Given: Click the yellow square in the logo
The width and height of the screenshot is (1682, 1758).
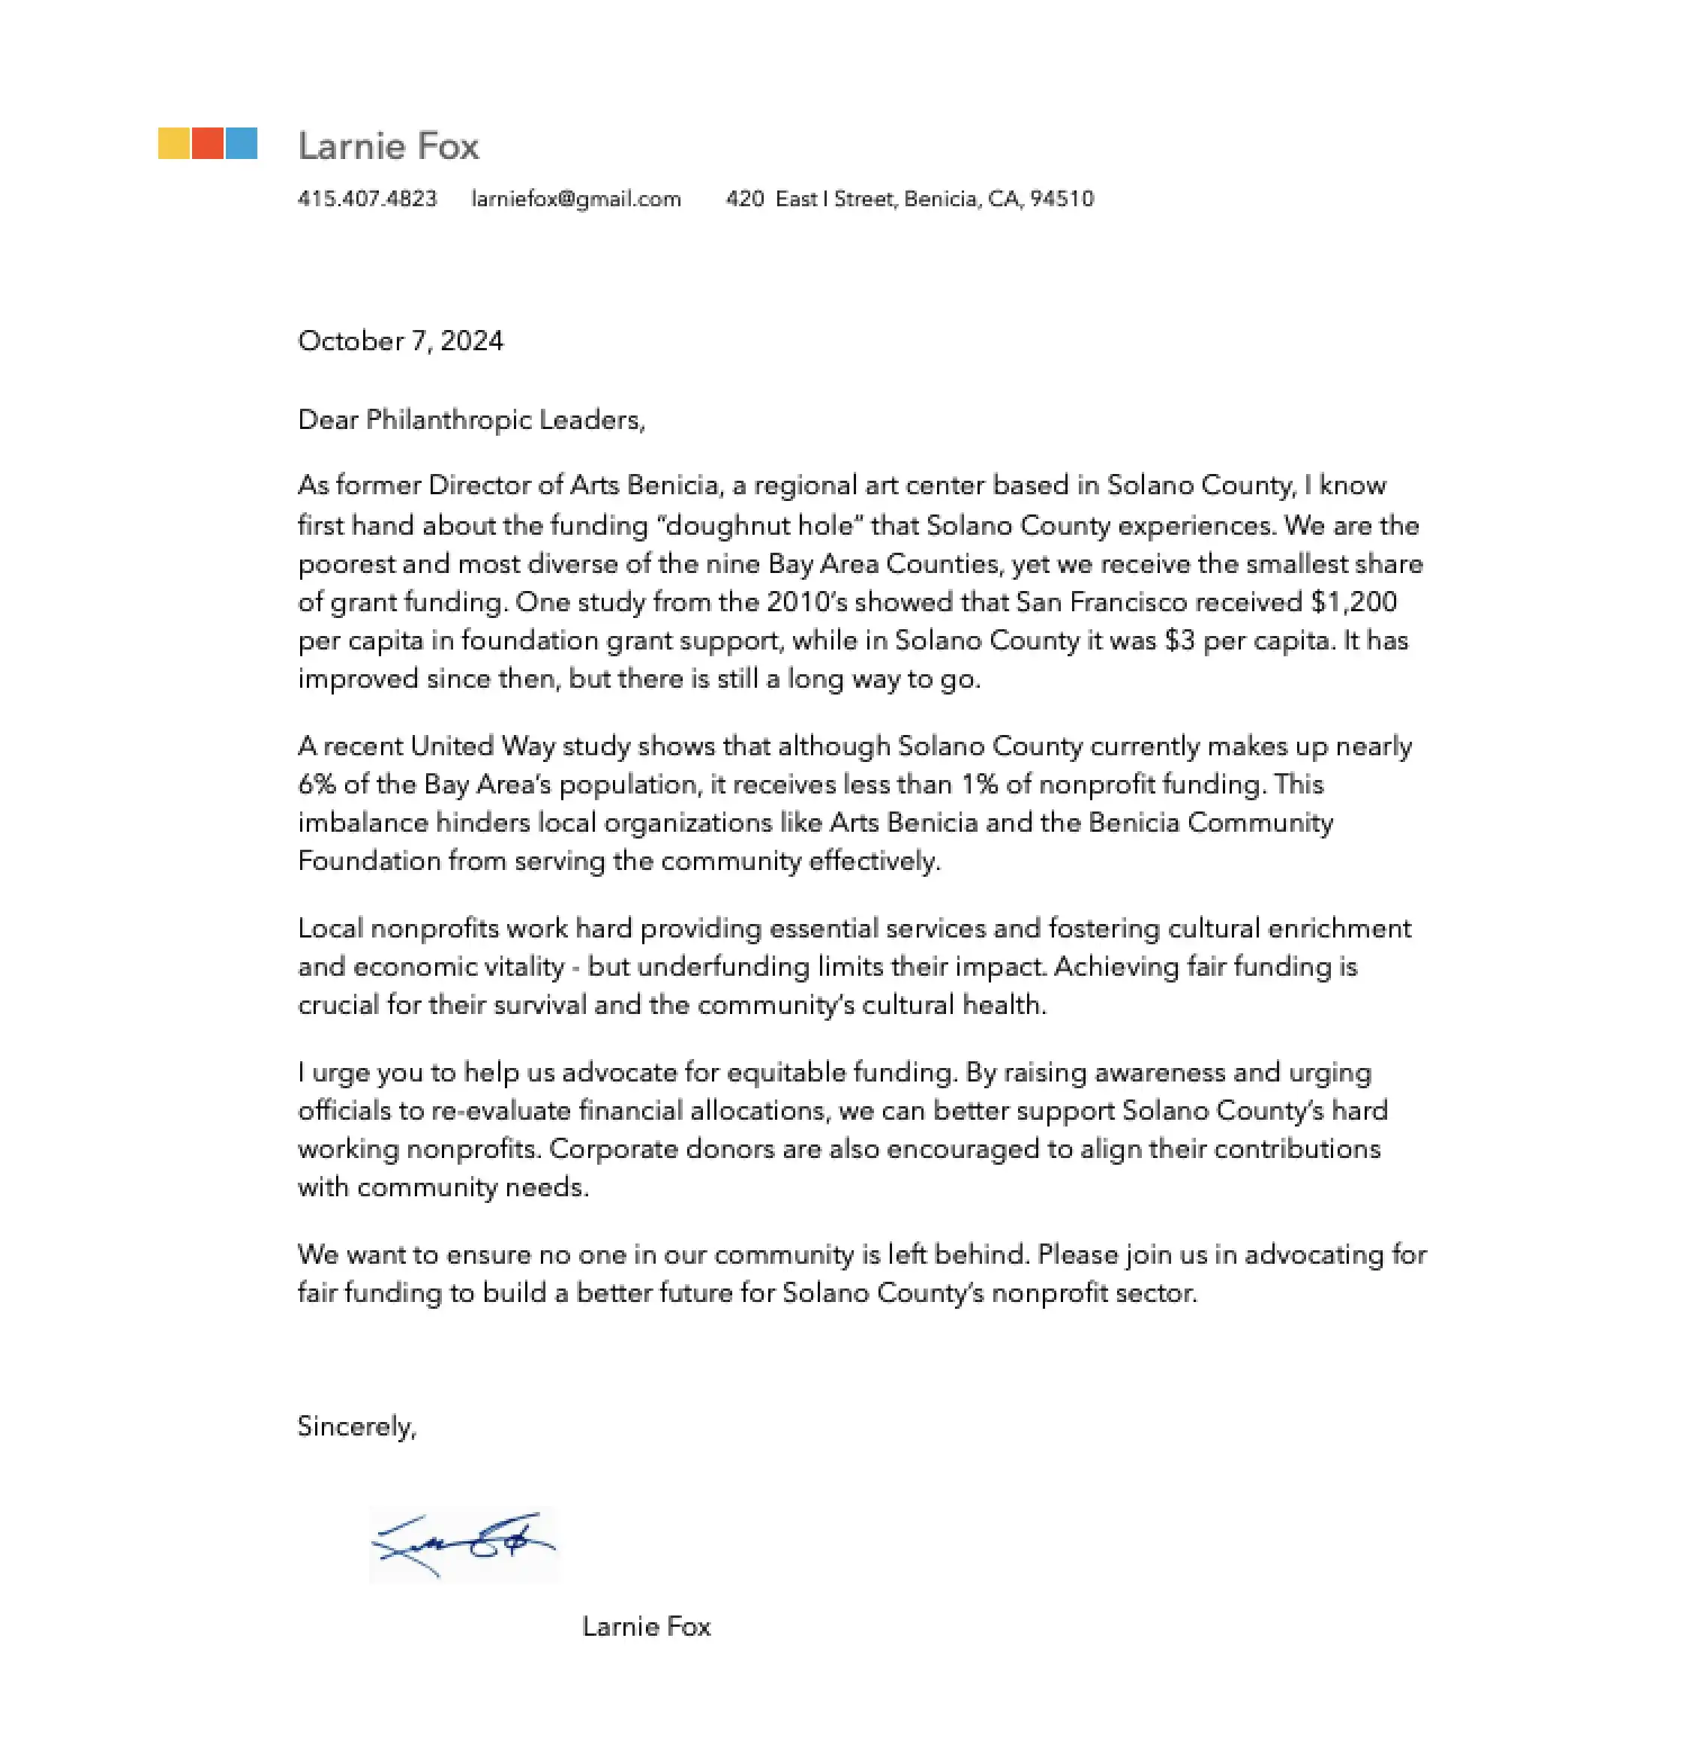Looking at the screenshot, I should coord(174,143).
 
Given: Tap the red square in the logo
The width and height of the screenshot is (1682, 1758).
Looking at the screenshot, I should coord(207,143).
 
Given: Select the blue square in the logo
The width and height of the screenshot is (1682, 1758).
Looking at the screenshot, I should coord(241,143).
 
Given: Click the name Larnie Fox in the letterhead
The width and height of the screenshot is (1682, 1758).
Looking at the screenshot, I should coord(388,146).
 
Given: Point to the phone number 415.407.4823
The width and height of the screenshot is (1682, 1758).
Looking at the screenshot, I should coord(367,198).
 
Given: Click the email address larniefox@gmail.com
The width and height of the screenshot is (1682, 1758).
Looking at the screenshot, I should coord(575,198).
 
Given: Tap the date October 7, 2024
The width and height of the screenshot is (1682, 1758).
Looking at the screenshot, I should coord(400,340).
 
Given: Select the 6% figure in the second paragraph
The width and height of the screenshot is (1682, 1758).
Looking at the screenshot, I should coord(317,784).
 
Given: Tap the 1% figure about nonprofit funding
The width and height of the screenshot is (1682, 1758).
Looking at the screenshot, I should coord(979,784).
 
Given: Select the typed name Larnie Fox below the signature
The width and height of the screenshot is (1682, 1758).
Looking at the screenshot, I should coord(645,1626).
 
